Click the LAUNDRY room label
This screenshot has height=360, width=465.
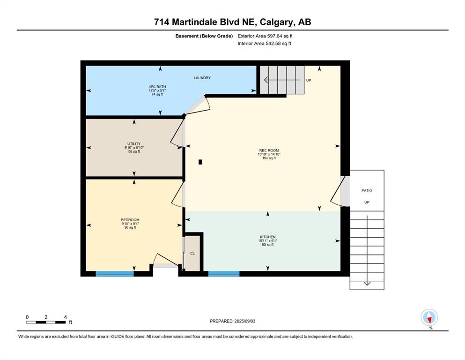click(202, 78)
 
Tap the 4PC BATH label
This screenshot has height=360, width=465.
click(157, 87)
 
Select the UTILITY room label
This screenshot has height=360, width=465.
click(134, 143)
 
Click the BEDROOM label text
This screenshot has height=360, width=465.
click(130, 220)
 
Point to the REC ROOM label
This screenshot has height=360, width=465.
click(269, 150)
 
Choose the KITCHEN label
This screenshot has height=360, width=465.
click(268, 237)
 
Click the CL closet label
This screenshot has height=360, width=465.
click(192, 253)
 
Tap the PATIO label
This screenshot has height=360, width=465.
click(367, 190)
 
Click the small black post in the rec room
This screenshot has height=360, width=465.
click(200, 162)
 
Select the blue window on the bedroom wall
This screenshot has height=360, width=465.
click(115, 274)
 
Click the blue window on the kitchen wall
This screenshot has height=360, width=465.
click(224, 274)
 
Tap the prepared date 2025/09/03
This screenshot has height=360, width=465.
click(244, 321)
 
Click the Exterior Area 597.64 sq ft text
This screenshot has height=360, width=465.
click(265, 36)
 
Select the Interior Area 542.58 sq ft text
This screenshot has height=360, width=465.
click(264, 43)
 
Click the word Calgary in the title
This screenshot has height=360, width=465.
click(277, 22)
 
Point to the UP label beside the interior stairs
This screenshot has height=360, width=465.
click(309, 80)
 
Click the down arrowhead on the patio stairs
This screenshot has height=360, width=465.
click(367, 284)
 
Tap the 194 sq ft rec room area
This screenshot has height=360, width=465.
click(269, 158)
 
